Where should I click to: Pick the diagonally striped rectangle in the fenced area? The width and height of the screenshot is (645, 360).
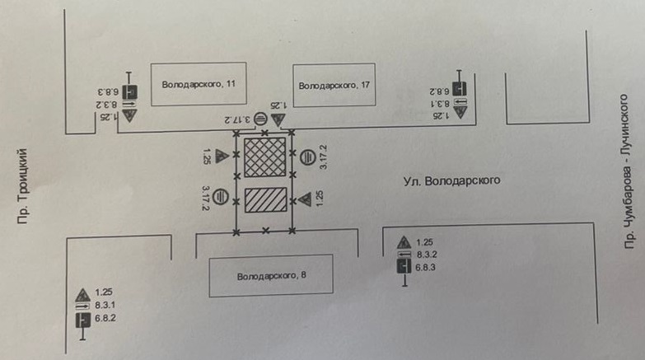(265, 203)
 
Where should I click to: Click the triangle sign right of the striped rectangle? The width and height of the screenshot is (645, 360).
(305, 199)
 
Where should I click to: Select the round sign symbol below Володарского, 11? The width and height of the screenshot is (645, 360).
(259, 119)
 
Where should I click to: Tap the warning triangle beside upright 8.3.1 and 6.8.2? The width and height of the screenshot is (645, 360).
(82, 294)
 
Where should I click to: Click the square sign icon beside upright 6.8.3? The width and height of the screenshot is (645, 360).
(404, 267)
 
